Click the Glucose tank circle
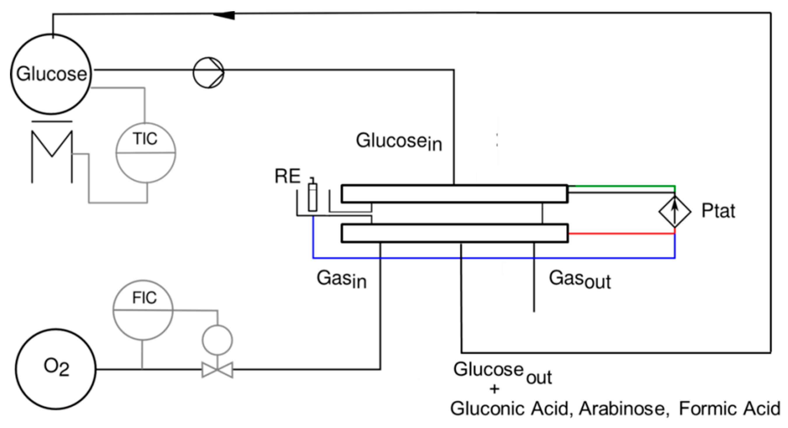pos(51,74)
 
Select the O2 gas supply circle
pos(56,369)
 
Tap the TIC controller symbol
pos(146,153)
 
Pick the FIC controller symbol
pos(143,310)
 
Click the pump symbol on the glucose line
pos(209,73)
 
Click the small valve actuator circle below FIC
pos(218,340)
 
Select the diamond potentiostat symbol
pos(675,212)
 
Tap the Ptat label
pos(718,211)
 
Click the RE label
pos(287,177)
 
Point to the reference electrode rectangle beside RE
pos(312,197)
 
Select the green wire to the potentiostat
pos(624,186)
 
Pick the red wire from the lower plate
pos(621,234)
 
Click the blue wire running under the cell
pos(489,258)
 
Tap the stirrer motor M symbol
pos(52,153)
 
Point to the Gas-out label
pos(580,279)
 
